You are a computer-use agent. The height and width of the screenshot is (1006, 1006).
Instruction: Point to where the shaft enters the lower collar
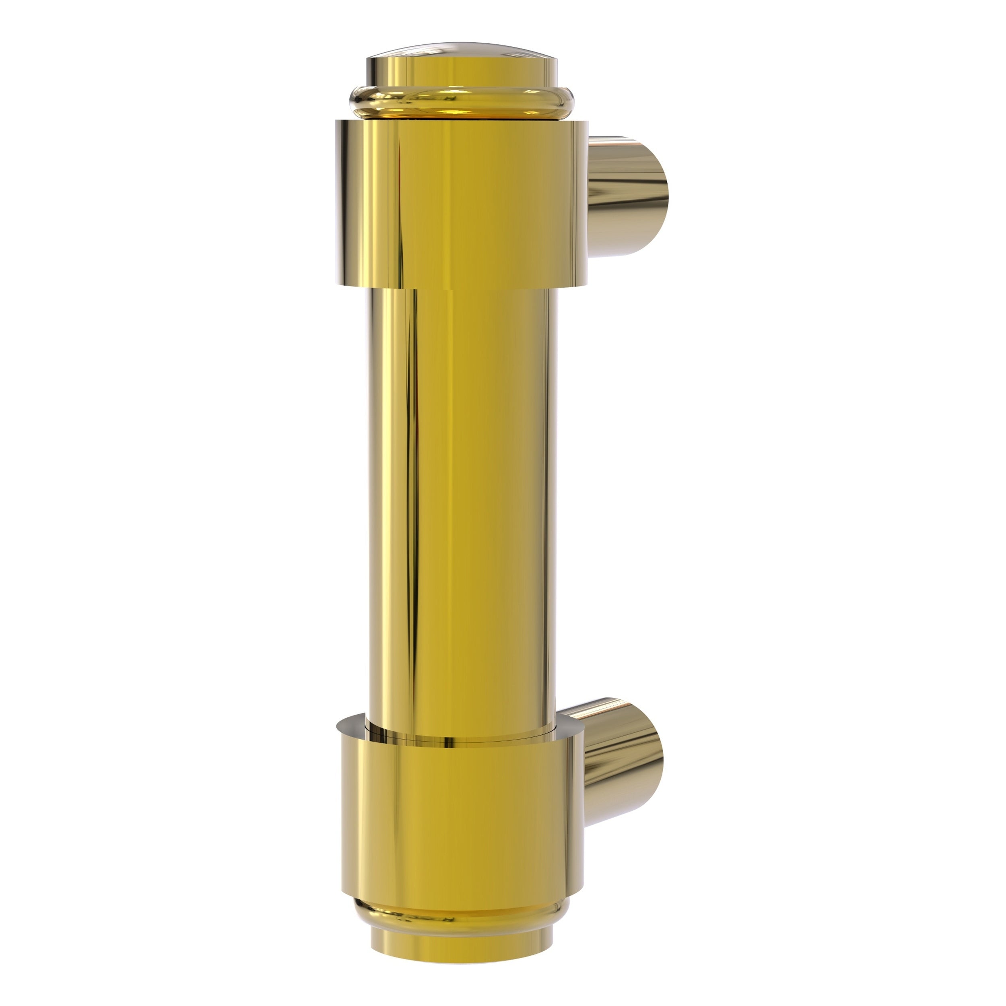(x=461, y=735)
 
